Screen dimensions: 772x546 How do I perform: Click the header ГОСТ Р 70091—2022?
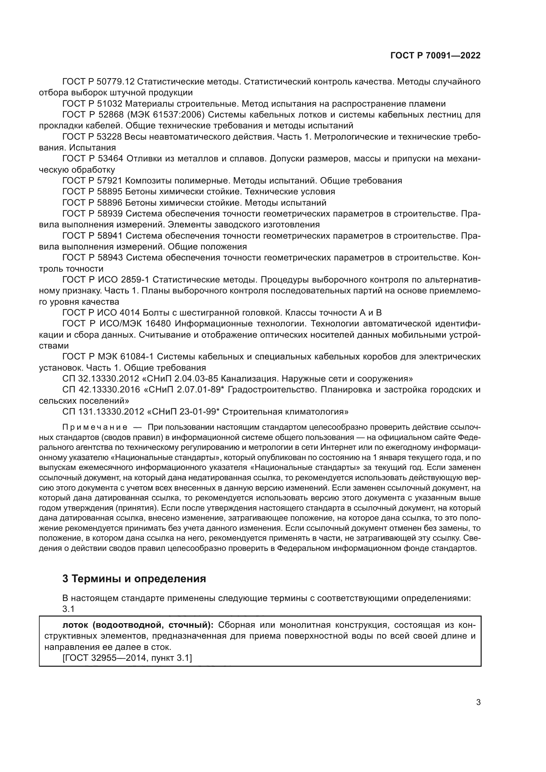[x=435, y=56]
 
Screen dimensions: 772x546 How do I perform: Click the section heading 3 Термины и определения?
[x=134, y=579]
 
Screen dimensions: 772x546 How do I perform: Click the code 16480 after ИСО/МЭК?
[x=159, y=324]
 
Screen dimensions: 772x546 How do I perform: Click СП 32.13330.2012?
[x=101, y=379]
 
